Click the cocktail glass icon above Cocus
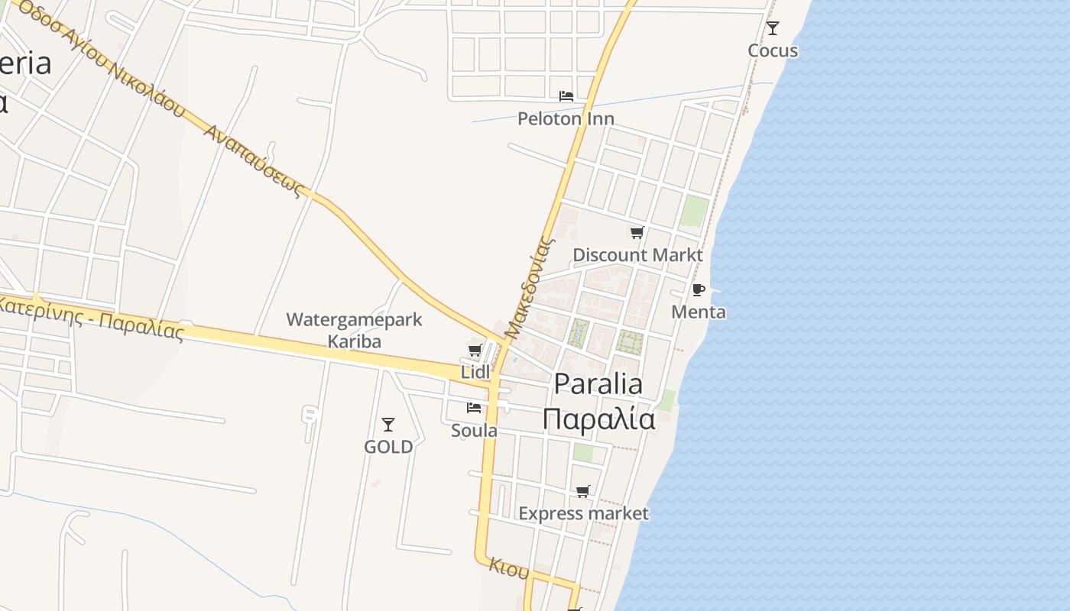773,28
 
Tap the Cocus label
773,50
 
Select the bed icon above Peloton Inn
566,96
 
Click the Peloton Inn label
566,118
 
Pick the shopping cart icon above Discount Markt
637,232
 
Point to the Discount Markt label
637,254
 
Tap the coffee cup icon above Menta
698,289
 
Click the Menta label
699,312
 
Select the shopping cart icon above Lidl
475,350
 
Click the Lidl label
475,372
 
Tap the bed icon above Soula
474,408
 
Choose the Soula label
474,430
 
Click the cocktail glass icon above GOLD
388,424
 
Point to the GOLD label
388,447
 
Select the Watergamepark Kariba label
354,330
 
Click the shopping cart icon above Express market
583,491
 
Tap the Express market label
583,513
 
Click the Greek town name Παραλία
598,419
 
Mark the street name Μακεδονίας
529,287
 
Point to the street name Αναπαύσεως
255,162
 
